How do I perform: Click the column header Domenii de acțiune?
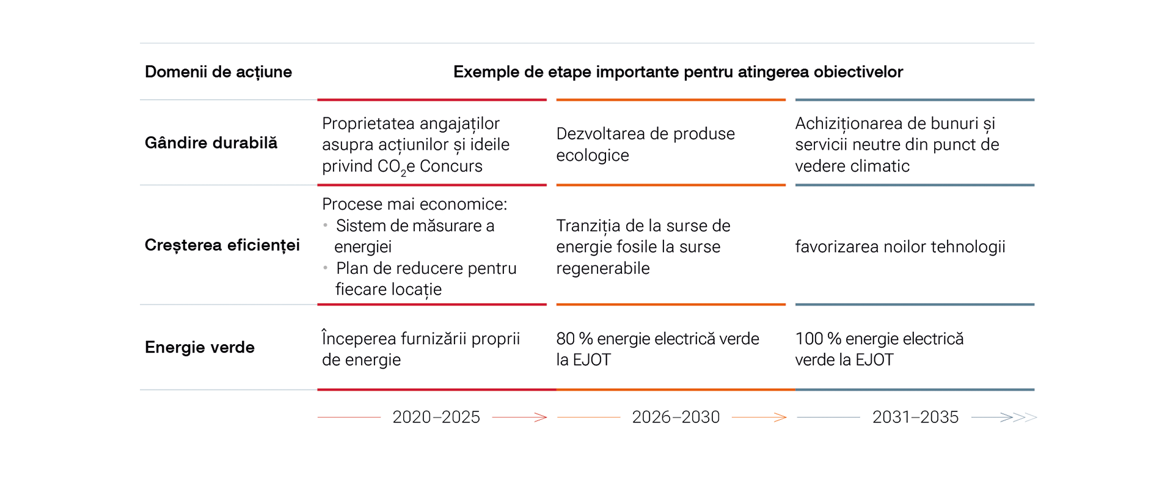coord(218,72)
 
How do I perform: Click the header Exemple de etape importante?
coord(678,72)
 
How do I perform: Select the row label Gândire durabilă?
coord(211,143)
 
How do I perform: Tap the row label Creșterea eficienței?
coord(222,245)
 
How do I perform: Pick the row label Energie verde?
coord(199,347)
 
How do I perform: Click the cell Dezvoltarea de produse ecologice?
coord(645,144)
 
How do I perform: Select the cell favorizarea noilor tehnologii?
coord(900,247)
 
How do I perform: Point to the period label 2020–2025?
coord(436,417)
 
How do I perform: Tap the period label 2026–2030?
coord(676,417)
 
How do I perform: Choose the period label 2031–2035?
coord(915,417)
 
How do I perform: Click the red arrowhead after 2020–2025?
coord(541,417)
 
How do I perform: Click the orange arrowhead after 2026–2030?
coord(780,417)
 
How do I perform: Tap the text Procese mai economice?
coord(414,204)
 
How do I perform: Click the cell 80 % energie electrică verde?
coord(657,349)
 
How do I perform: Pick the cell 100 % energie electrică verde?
coord(879,349)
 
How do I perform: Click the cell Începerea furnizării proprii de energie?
coord(420,349)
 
